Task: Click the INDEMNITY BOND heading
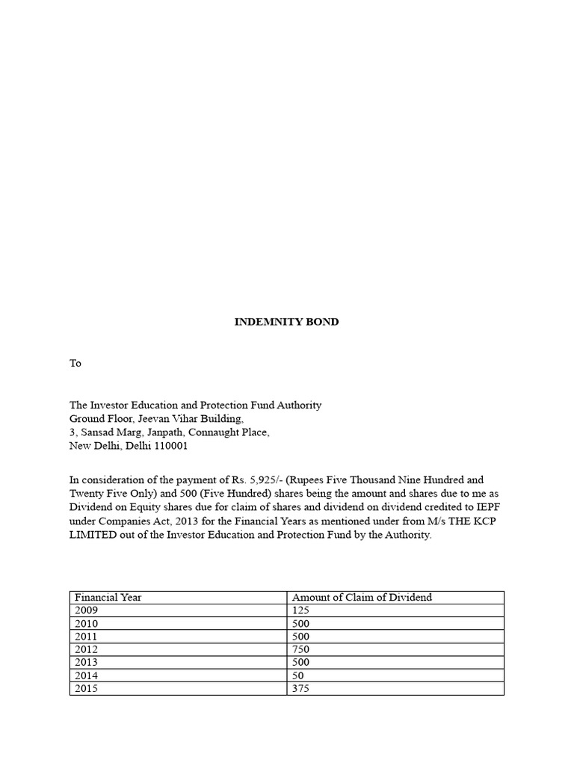286,322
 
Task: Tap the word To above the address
75,364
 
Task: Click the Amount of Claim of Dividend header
362,598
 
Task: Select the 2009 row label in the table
86,610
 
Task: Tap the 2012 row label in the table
86,649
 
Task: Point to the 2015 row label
86,688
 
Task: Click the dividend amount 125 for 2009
300,610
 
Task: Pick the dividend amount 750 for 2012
300,649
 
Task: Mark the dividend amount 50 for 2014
297,675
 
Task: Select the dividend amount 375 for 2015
300,688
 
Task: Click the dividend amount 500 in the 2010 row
300,624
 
